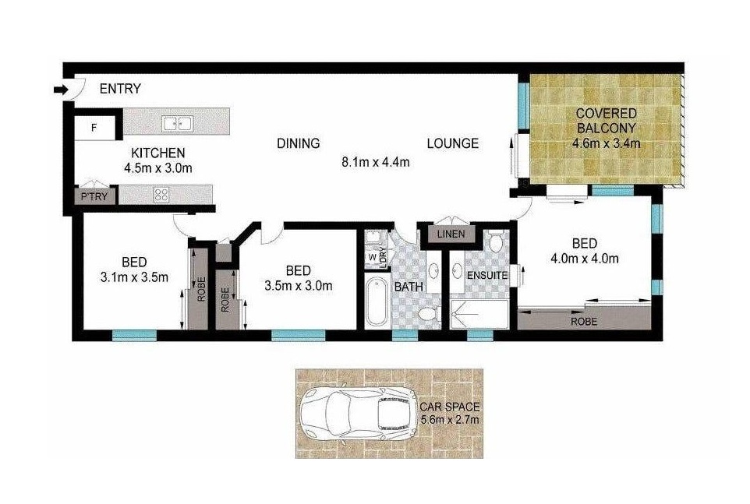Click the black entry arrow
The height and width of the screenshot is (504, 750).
[x=61, y=89]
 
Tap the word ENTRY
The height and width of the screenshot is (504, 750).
[x=120, y=89]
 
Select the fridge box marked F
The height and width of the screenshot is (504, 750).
[x=94, y=128]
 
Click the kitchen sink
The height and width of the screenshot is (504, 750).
[x=177, y=123]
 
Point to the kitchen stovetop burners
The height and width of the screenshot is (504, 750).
[x=161, y=194]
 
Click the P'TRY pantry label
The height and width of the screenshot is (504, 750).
[x=94, y=196]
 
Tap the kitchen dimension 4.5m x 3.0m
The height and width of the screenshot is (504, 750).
[x=158, y=168]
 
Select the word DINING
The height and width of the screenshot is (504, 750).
[x=299, y=143]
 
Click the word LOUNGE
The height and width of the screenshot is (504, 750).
[x=452, y=143]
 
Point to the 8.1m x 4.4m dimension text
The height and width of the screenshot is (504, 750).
[x=376, y=162]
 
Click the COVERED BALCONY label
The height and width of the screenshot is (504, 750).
[x=606, y=121]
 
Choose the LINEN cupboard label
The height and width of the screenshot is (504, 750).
[x=451, y=234]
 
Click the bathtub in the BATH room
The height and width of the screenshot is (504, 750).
[x=376, y=301]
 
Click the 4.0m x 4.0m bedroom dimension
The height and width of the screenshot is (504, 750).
[x=585, y=259]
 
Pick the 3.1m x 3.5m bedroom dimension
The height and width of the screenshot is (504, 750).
[x=134, y=277]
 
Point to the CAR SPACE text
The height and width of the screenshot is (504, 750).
[x=449, y=407]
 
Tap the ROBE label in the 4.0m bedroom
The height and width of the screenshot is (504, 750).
[x=583, y=322]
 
